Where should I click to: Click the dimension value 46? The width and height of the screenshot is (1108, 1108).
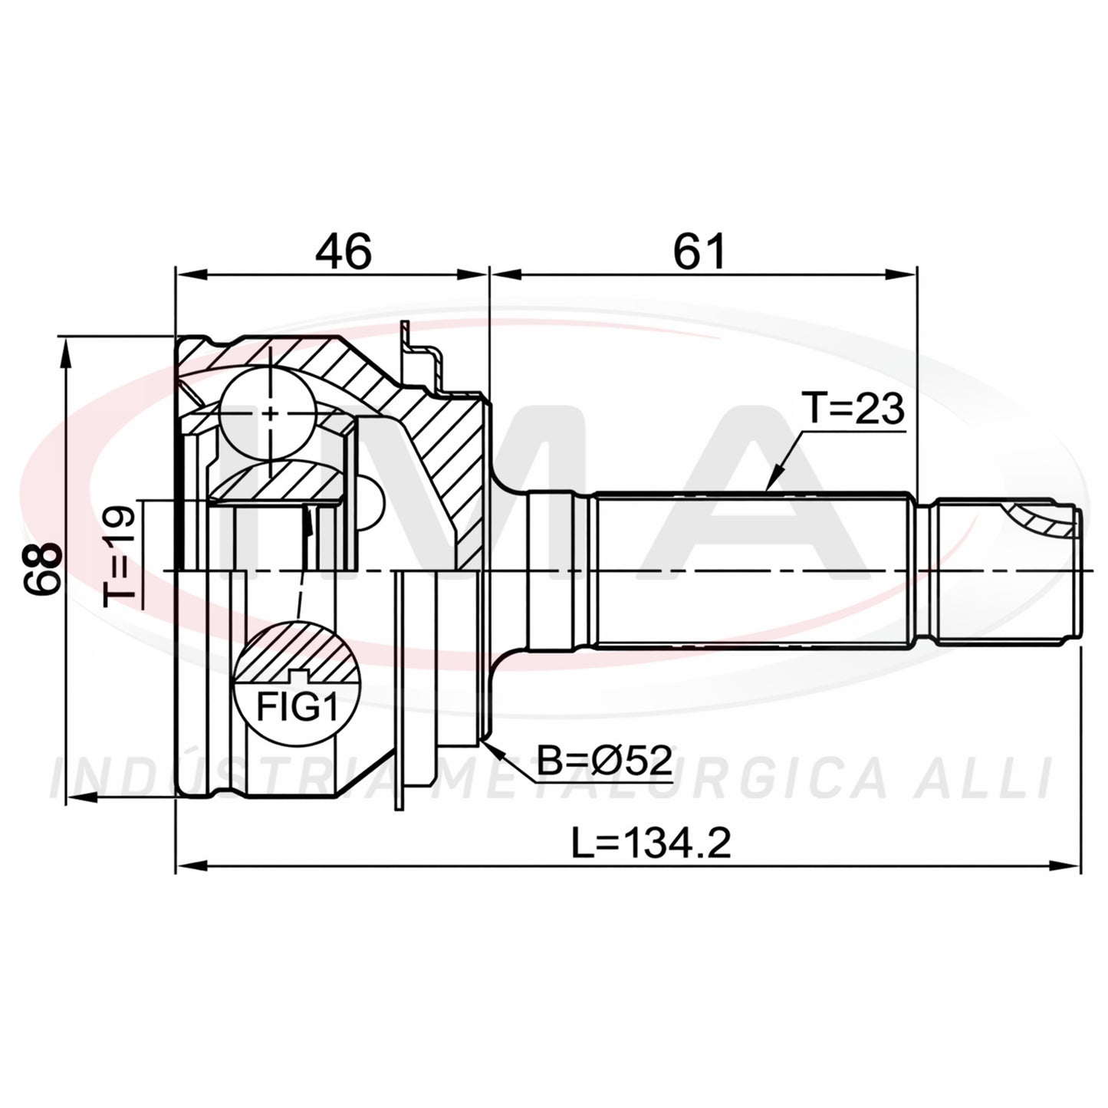pyautogui.click(x=344, y=252)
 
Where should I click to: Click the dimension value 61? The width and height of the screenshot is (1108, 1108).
pyautogui.click(x=700, y=252)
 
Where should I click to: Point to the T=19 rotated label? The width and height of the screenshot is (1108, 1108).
pyautogui.click(x=120, y=555)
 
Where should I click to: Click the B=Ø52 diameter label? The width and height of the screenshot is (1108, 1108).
pyautogui.click(x=604, y=761)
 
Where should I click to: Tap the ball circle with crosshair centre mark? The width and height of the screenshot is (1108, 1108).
pyautogui.click(x=268, y=413)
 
